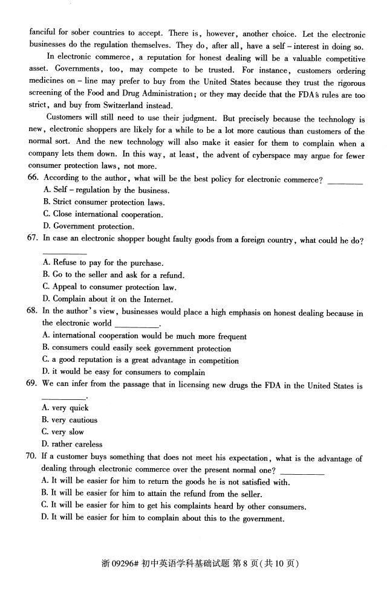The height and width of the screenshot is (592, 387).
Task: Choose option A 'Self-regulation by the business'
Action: (x=106, y=190)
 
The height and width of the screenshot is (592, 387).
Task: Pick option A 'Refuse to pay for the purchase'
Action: (x=103, y=263)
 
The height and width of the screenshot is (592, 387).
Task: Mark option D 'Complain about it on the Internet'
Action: (x=108, y=299)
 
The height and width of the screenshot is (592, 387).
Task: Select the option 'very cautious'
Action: (x=69, y=420)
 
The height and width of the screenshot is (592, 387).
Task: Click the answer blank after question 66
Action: (x=345, y=181)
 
